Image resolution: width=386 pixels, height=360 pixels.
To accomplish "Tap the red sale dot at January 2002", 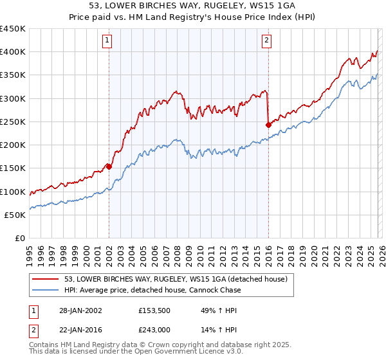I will pos(109,166).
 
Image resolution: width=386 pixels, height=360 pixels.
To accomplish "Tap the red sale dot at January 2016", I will pos(268,125).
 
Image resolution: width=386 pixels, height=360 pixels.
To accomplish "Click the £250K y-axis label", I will pos(13,122).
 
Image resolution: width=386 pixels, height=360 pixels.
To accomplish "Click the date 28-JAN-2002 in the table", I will pos(77,310).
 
